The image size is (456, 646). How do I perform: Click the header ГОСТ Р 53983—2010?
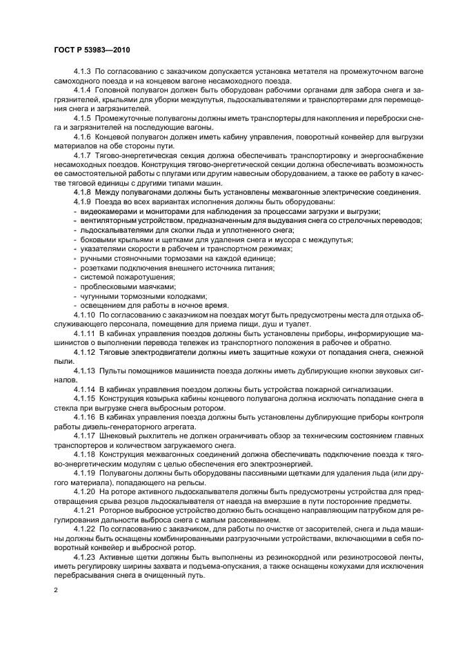[x=92, y=50]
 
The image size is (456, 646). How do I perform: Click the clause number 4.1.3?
[x=82, y=72]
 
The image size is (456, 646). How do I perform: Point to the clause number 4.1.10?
[x=84, y=315]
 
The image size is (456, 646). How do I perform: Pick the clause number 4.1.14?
[x=84, y=389]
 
